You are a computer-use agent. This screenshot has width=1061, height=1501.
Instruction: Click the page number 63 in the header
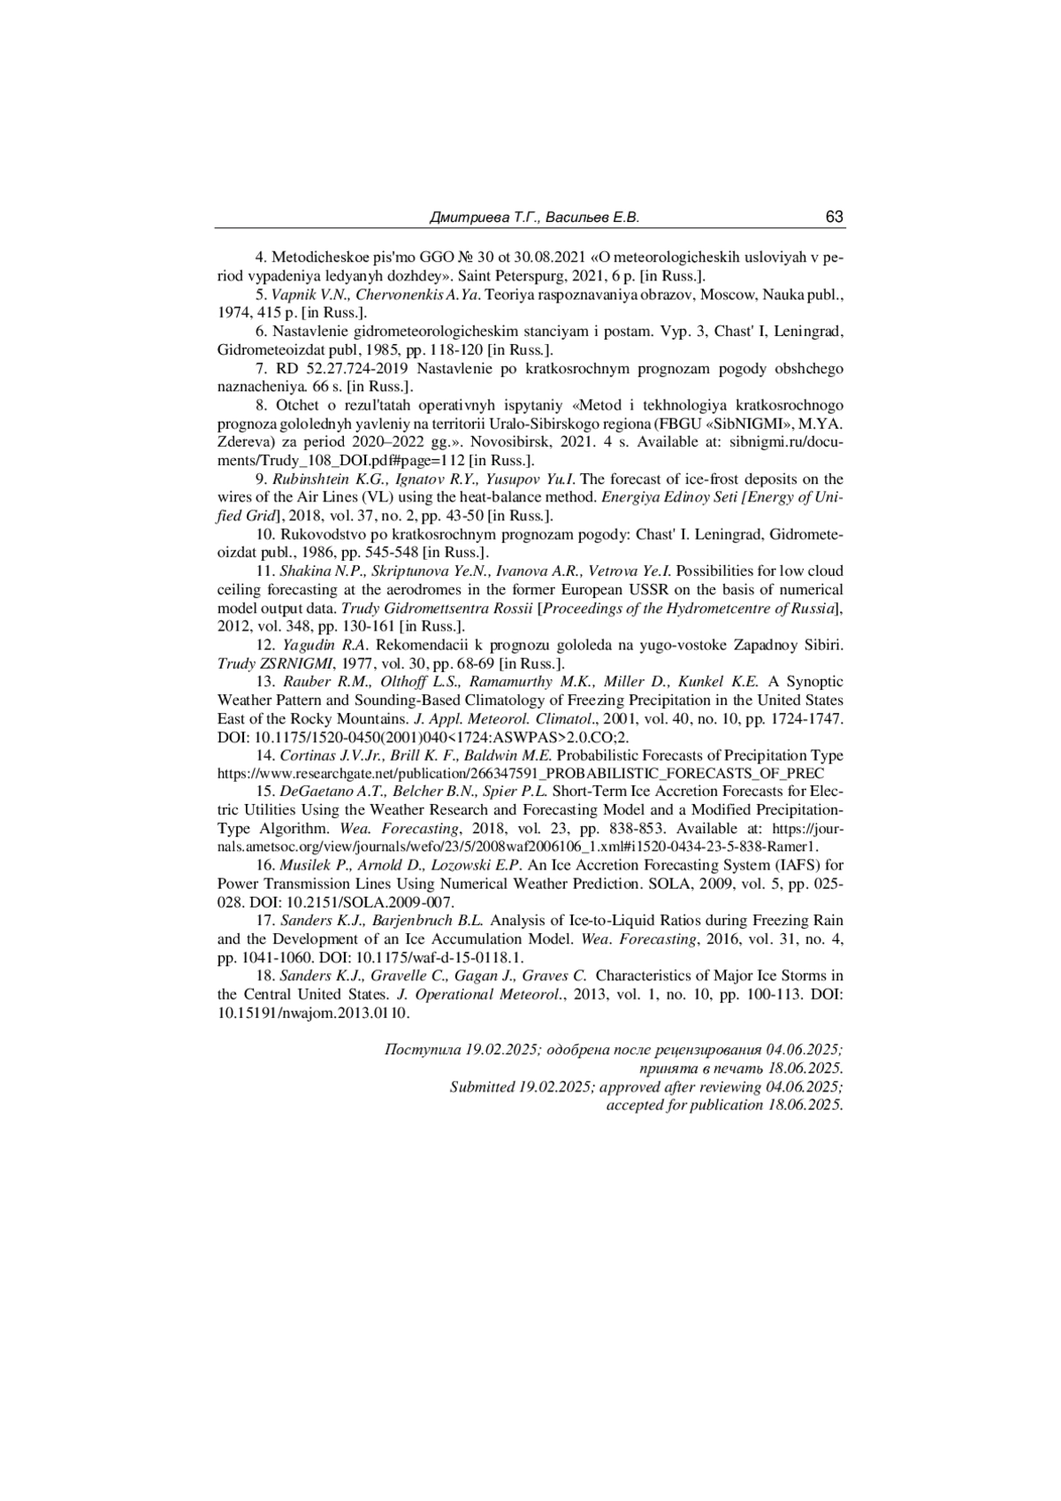pyautogui.click(x=834, y=218)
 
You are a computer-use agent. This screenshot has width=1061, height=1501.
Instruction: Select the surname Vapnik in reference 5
pyautogui.click(x=289, y=294)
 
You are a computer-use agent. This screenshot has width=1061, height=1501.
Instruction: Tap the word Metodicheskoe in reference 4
pyautogui.click(x=313, y=257)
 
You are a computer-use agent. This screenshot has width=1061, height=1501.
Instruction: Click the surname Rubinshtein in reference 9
pyautogui.click(x=310, y=479)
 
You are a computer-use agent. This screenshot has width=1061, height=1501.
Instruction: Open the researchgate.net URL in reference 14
pyautogui.click(x=521, y=773)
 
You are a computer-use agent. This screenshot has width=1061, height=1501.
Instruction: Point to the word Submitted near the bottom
pyautogui.click(x=482, y=1087)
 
